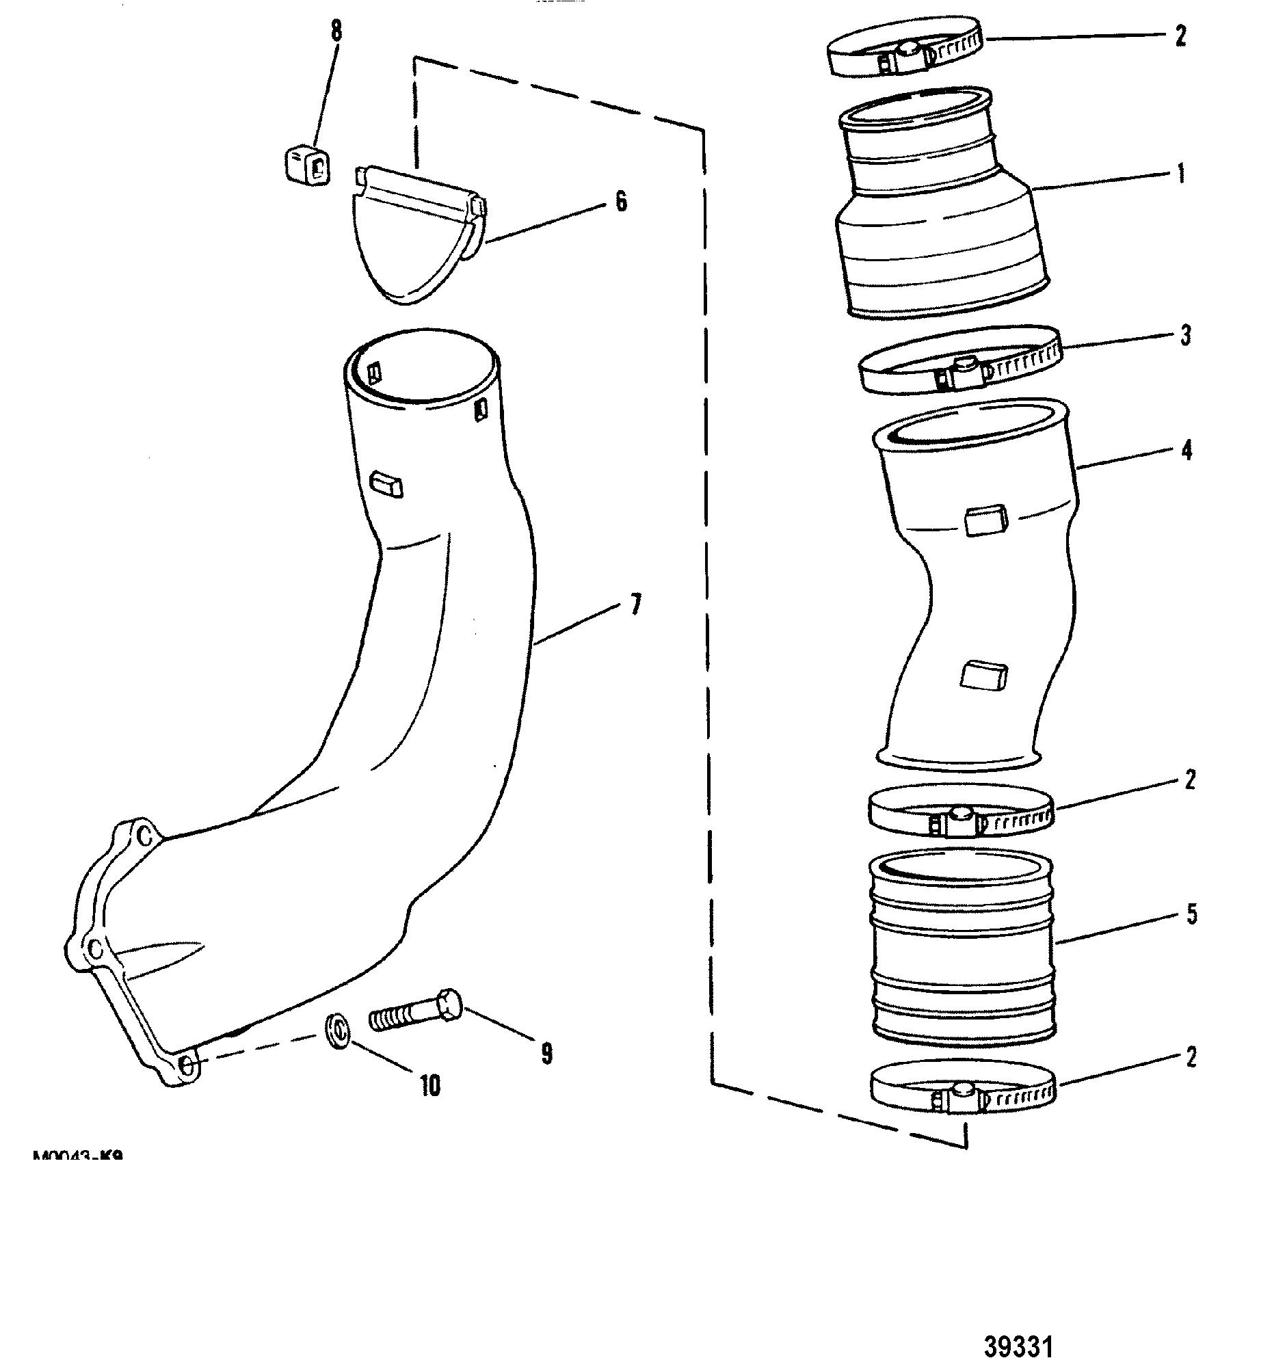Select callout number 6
coord(620,202)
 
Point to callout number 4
coord(1186,451)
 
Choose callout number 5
coord(1191,914)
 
